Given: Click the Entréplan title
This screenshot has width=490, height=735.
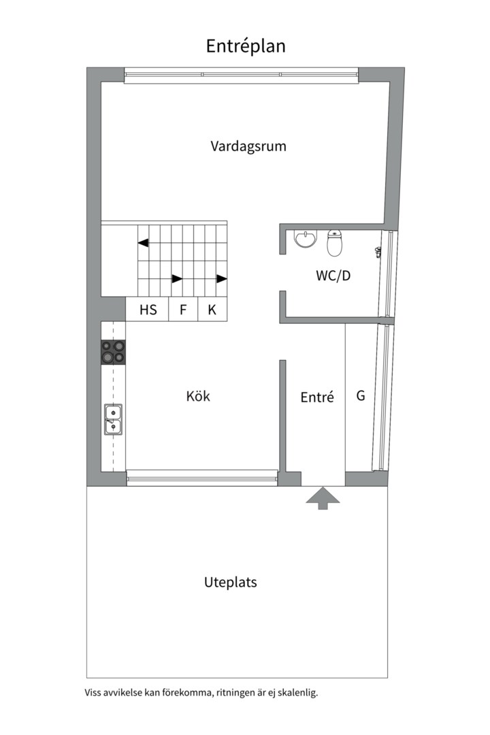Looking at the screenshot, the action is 246,46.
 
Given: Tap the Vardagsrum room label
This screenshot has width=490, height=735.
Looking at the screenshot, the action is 248,146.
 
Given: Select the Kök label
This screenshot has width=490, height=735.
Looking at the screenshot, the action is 198,396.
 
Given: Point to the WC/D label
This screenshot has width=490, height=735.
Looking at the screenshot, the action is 333,275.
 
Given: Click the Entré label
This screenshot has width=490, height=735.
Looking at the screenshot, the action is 317,397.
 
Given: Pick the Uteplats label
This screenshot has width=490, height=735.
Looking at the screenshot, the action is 230,582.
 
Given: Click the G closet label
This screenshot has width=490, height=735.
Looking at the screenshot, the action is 361,395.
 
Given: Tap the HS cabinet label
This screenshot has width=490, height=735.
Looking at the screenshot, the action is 148,310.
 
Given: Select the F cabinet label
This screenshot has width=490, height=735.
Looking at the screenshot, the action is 183,310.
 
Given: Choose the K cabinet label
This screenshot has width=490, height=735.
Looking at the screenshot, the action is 212,310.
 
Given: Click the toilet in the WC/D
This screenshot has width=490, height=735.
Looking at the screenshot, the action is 334,243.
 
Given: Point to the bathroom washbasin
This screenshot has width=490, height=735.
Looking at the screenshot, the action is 306,239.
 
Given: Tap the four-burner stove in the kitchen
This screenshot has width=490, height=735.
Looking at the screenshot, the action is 114,352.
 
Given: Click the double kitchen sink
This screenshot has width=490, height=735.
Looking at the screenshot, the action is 113,419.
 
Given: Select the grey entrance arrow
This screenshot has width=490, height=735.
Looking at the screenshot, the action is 323,497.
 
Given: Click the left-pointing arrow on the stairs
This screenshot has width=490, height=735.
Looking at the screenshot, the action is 144,243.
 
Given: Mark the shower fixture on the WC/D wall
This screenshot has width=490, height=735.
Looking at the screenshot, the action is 377,252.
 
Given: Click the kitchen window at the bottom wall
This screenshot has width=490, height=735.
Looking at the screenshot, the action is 202,478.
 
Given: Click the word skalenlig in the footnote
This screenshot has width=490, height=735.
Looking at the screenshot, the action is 298,693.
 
